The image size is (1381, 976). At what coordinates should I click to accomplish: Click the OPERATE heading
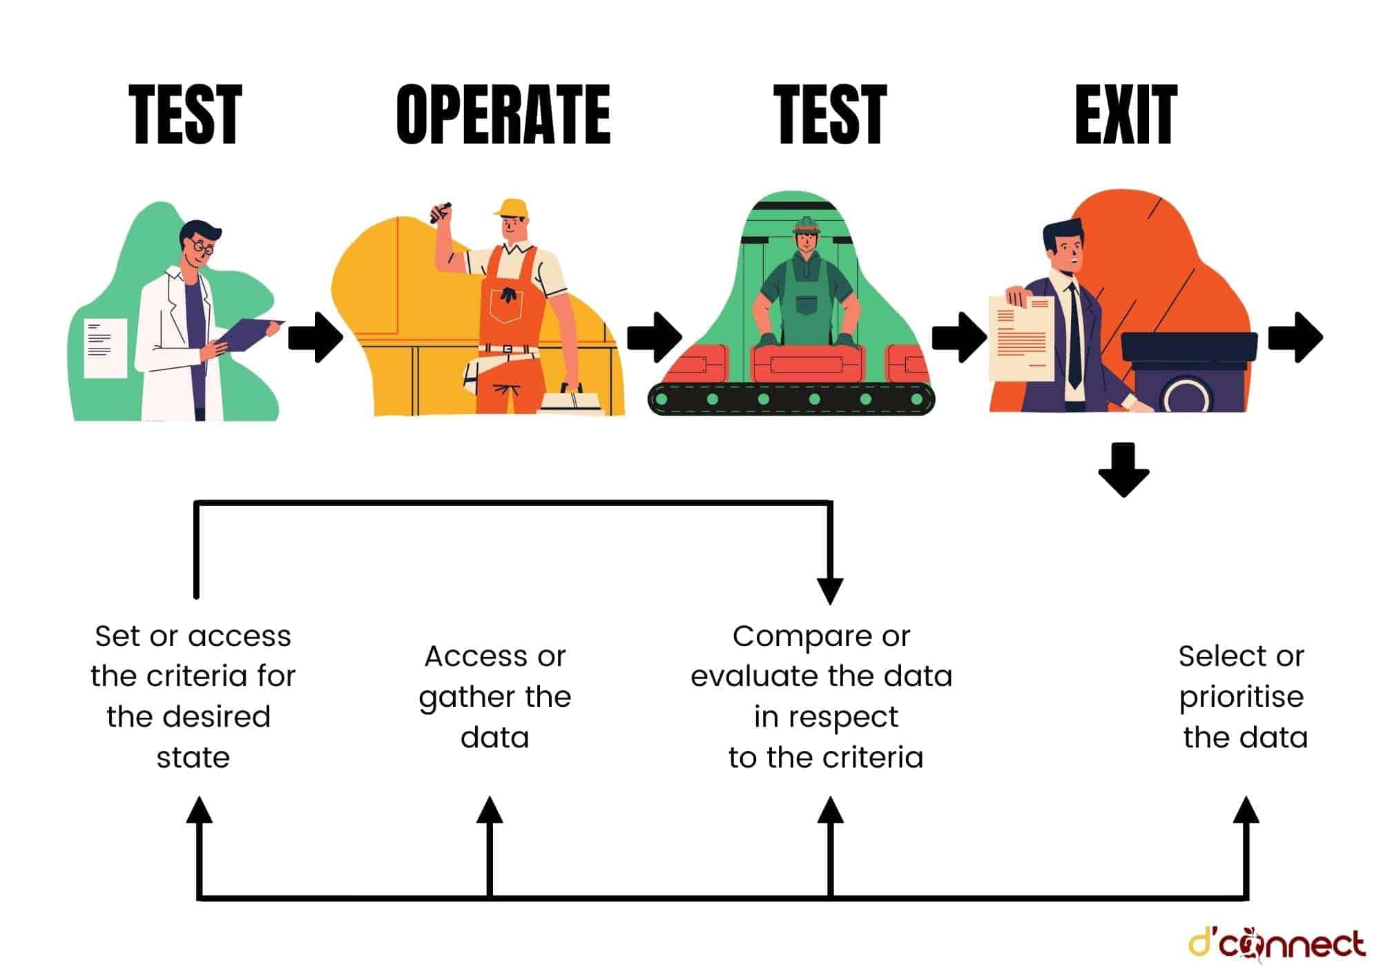coord(503,115)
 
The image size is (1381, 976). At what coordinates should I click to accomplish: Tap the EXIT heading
coord(1126,115)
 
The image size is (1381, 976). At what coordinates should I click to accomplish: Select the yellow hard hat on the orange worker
coord(512,208)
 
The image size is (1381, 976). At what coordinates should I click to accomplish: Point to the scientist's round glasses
coord(202,246)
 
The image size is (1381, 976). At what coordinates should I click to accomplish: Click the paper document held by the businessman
coord(1021,338)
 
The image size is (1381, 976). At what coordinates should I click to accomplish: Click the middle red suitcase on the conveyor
coord(807,363)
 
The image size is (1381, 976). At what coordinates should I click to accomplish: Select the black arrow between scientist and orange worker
coord(316,338)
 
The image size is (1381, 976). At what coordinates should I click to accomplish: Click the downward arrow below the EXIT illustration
coord(1123,470)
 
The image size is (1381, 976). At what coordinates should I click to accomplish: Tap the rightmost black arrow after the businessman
coord(1295,338)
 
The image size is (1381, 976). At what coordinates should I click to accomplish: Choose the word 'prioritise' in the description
coord(1241,697)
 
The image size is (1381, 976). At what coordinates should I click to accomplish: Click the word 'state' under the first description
coord(193,758)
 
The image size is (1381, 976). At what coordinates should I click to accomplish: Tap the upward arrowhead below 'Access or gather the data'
coord(490,810)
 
